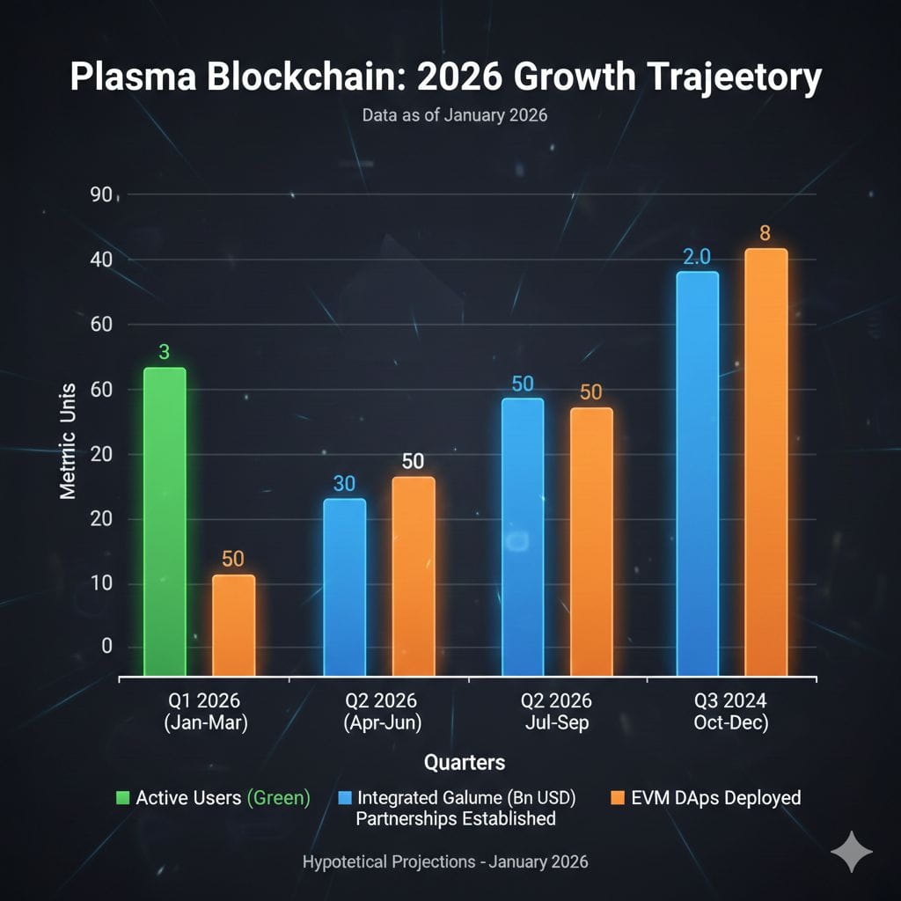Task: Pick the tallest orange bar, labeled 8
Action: click(x=765, y=462)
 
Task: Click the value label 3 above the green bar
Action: click(x=164, y=352)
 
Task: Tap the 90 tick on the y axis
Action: click(x=102, y=195)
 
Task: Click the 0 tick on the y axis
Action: click(x=106, y=647)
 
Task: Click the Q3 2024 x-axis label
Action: click(x=727, y=712)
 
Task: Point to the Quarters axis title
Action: click(x=465, y=761)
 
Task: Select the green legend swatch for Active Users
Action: click(x=122, y=798)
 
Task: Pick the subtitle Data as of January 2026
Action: click(x=454, y=115)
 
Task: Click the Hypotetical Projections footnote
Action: click(x=445, y=861)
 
